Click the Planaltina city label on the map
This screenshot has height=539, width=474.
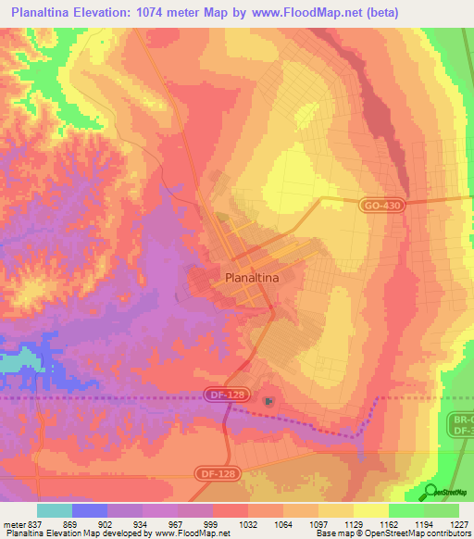click(252, 276)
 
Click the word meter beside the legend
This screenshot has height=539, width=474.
click(13, 523)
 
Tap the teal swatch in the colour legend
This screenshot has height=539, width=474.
click(55, 510)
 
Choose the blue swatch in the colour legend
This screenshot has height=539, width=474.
click(90, 510)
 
